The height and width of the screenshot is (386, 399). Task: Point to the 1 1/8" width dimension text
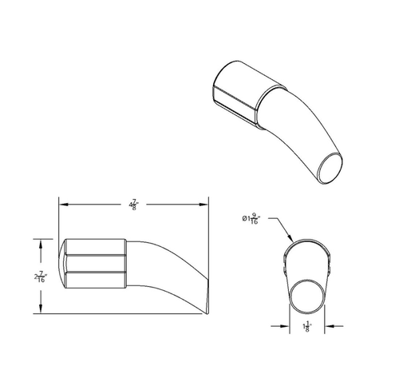(x=308, y=325)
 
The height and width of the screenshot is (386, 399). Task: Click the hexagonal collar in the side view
(x=93, y=263)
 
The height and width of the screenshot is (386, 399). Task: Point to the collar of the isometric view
(x=240, y=94)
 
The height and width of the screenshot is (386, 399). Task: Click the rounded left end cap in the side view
(x=64, y=263)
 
